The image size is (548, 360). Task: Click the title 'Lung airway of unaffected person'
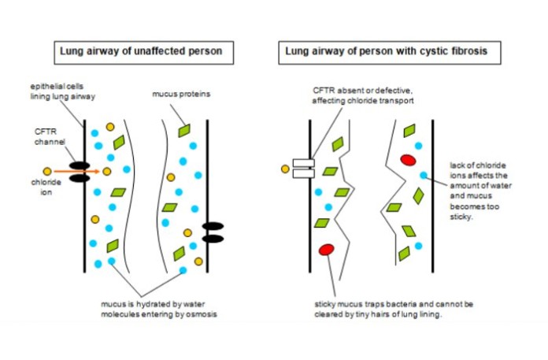[x=136, y=53]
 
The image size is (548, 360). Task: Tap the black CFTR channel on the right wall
[x=213, y=232]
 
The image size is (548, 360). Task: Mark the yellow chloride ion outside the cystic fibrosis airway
[x=284, y=168]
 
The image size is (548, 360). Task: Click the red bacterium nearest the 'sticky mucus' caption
[x=326, y=250]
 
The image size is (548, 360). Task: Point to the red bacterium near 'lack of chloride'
[x=408, y=161]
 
